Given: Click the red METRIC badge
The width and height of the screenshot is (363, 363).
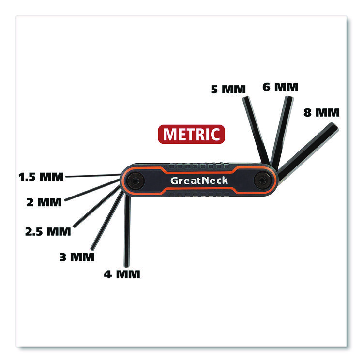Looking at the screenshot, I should pyautogui.click(x=192, y=134).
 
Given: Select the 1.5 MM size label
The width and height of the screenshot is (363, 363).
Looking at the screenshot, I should pyautogui.click(x=41, y=176).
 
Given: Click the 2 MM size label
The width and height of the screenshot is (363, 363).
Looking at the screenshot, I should pyautogui.click(x=44, y=202).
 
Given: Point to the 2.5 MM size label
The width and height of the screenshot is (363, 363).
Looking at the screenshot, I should pyautogui.click(x=48, y=231).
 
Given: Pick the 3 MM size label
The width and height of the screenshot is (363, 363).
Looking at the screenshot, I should pyautogui.click(x=76, y=257).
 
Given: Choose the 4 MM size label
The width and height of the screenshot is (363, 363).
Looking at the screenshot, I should pyautogui.click(x=122, y=274).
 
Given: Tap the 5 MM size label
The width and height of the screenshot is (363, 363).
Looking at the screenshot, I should pyautogui.click(x=228, y=89).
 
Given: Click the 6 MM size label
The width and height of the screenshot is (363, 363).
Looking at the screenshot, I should pyautogui.click(x=280, y=87).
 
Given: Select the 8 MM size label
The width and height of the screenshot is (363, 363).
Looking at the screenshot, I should pyautogui.click(x=321, y=113).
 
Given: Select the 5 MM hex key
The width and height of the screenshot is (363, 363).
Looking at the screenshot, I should pyautogui.click(x=256, y=128).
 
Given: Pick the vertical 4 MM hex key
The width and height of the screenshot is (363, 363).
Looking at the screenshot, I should pyautogui.click(x=127, y=232).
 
